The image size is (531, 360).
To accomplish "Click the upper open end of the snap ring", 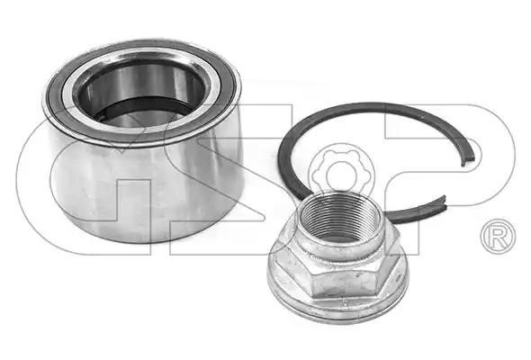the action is (x=470, y=159).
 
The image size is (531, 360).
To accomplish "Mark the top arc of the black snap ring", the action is (x=373, y=107).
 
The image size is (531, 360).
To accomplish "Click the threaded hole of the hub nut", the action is (x=337, y=217).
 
